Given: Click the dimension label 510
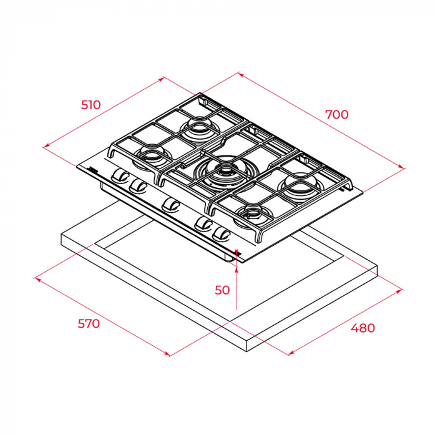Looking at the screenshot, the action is (90, 105).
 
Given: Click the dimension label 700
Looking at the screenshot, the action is (337, 115).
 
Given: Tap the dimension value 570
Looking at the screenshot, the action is (89, 324).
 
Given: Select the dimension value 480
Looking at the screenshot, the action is (363, 328).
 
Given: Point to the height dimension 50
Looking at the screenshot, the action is (222, 290).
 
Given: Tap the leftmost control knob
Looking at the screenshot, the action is (120, 176).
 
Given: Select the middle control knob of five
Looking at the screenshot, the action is (170, 205).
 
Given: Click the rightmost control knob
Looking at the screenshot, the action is (221, 234).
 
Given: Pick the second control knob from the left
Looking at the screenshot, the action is (138, 185).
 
